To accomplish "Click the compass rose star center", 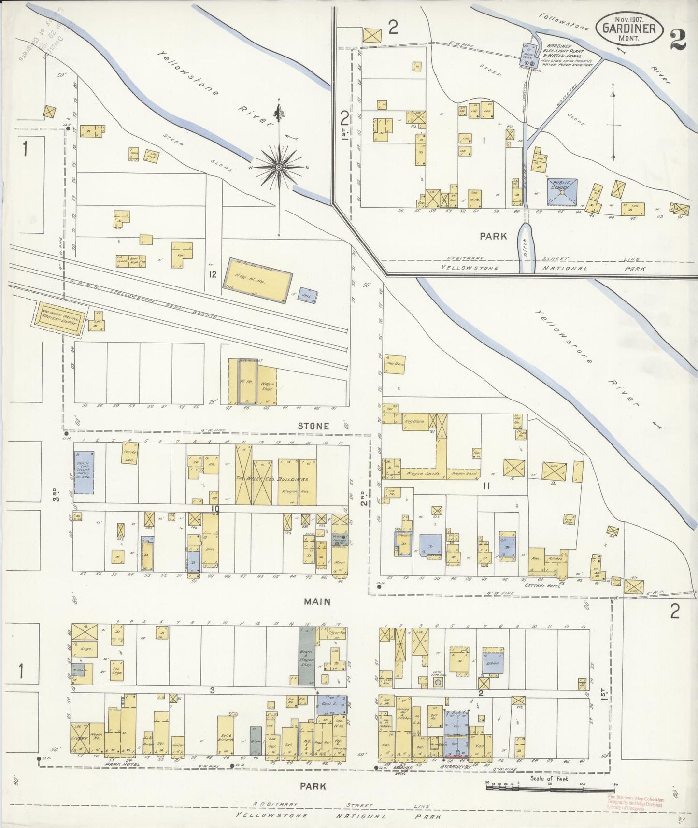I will pyautogui.click(x=279, y=167).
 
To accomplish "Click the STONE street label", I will pyautogui.click(x=313, y=426).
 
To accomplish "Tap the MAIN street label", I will pyautogui.click(x=317, y=601).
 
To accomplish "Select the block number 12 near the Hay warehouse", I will pyautogui.click(x=213, y=274).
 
